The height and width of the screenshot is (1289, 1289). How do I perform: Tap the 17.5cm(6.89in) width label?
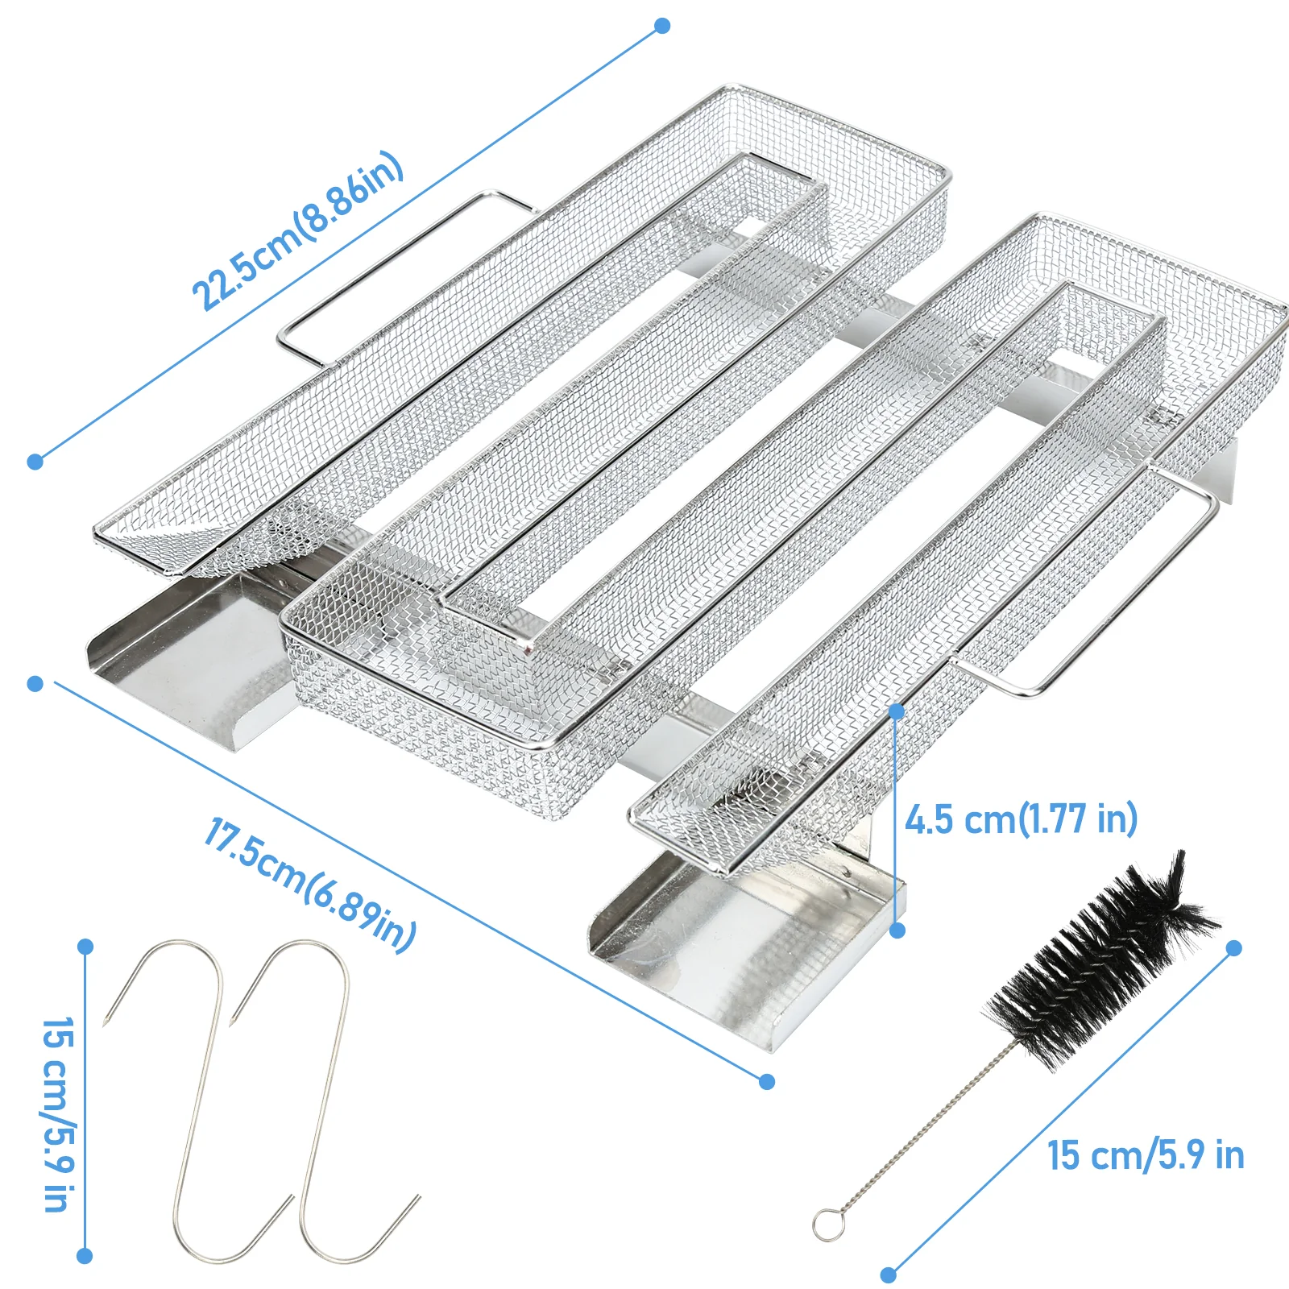(x=310, y=885)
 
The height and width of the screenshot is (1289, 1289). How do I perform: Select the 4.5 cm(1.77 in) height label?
(x=1021, y=819)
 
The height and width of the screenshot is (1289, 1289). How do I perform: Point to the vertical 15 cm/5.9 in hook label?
(x=58, y=1114)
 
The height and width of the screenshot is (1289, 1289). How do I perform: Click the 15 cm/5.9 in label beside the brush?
(x=1146, y=1155)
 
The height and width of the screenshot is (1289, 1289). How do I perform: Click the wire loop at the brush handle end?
(x=826, y=1225)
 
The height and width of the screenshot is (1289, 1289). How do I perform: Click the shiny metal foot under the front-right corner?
(x=747, y=951)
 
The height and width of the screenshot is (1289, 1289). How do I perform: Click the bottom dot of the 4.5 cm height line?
(x=898, y=930)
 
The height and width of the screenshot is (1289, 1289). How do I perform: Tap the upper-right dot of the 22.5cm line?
(x=662, y=26)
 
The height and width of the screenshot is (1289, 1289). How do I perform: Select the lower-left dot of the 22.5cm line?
(x=35, y=462)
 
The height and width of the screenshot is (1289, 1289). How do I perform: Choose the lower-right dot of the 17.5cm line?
(x=767, y=1081)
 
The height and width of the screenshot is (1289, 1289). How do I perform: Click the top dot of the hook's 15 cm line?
(x=85, y=947)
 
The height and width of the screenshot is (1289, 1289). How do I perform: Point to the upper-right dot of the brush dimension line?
(x=1233, y=948)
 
